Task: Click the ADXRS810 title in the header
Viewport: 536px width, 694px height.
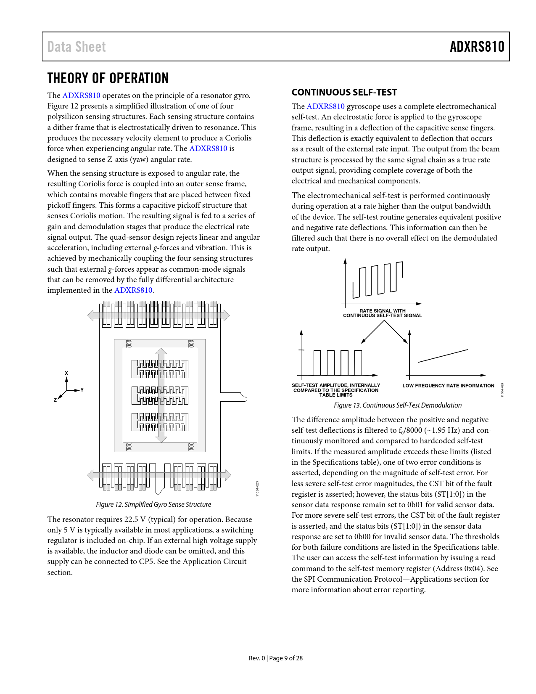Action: (477, 47)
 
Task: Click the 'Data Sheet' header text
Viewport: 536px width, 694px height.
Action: (77, 47)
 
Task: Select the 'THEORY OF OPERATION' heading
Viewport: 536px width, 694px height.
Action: (108, 78)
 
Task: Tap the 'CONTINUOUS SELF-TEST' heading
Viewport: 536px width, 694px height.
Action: (344, 92)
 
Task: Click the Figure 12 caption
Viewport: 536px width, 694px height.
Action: (153, 504)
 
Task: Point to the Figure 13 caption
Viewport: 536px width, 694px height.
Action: (397, 405)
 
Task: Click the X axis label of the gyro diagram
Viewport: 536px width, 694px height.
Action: (66, 373)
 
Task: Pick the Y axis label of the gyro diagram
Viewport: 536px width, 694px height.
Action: (82, 390)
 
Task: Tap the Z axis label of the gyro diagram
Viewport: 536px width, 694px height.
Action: (55, 400)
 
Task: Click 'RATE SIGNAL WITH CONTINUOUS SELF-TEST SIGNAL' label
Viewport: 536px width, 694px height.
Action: (382, 313)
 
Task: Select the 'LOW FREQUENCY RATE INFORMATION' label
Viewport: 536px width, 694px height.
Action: (448, 386)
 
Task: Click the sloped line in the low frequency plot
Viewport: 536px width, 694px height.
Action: (443, 356)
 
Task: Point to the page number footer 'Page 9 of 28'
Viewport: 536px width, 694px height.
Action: (286, 658)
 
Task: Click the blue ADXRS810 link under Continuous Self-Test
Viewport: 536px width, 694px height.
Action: (325, 106)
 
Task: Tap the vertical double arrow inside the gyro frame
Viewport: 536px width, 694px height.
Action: (161, 395)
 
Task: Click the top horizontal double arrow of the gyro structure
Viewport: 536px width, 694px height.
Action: (158, 315)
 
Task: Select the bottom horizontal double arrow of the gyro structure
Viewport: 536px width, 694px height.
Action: (159, 475)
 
